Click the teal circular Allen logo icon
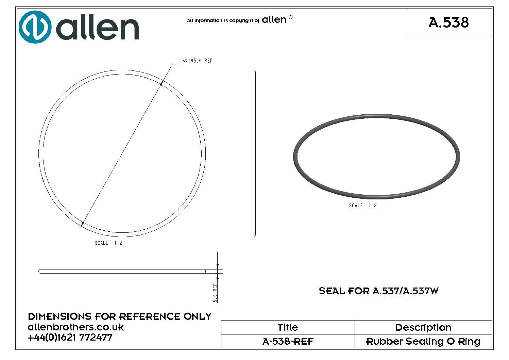(35, 27)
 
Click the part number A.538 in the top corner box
(448, 22)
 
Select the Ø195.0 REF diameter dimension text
(198, 61)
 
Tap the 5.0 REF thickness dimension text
(215, 293)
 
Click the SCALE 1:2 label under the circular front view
(108, 243)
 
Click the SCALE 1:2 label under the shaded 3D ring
(363, 206)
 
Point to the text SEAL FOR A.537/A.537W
(378, 291)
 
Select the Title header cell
(288, 327)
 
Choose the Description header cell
(423, 327)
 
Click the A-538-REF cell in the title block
(288, 341)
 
